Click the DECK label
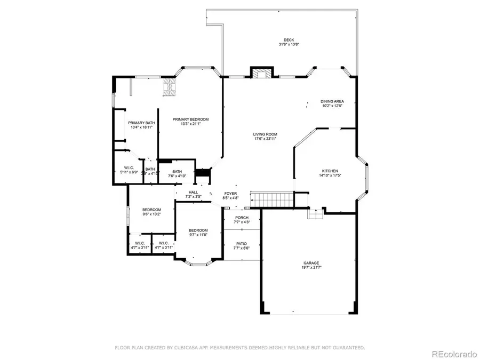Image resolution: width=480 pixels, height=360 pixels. (289, 40)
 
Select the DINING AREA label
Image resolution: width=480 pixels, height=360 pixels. (332, 101)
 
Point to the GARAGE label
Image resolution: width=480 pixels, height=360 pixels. (311, 263)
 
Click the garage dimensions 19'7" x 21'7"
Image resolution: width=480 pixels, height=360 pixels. (311, 268)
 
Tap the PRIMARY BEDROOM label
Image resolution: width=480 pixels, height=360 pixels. (190, 119)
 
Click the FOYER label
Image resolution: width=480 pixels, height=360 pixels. (230, 194)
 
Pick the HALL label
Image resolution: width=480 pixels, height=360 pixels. (193, 192)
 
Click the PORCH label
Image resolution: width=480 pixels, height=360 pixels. (242, 218)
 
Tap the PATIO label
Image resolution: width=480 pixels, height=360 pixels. (242, 243)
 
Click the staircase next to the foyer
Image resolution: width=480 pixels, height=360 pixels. (272, 200)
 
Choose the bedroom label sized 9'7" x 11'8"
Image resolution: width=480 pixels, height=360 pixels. (198, 230)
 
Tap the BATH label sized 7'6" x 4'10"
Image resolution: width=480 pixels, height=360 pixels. (177, 171)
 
